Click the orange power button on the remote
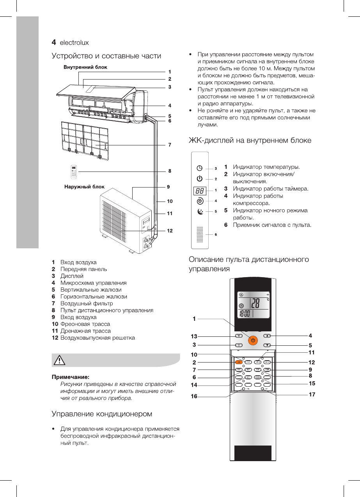click(x=253, y=340)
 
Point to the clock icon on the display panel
click(x=200, y=168)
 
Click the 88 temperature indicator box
click(x=200, y=191)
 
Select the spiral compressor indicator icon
click(x=200, y=201)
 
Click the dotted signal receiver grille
click(x=200, y=234)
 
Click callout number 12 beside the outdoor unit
click(x=170, y=231)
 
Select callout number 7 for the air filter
click(x=170, y=145)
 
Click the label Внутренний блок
click(x=85, y=67)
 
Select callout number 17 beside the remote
click(x=312, y=394)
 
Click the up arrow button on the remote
click(x=267, y=336)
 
